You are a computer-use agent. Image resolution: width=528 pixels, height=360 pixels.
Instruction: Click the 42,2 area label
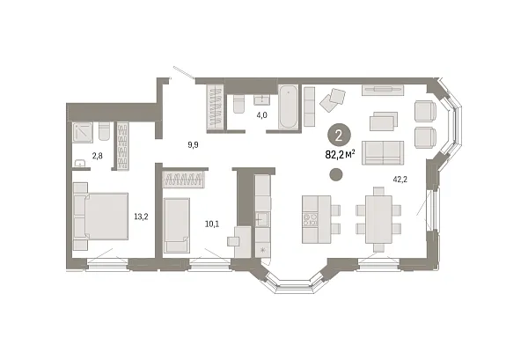click(400, 180)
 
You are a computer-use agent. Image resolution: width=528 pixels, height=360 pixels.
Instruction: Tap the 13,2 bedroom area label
click(141, 217)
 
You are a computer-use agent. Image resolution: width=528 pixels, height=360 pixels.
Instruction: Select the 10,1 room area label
click(212, 224)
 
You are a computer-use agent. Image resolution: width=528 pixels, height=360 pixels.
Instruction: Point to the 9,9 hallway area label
click(193, 145)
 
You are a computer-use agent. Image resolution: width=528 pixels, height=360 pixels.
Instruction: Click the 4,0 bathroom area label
click(261, 115)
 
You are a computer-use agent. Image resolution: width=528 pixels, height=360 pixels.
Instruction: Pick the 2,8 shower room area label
click(98, 156)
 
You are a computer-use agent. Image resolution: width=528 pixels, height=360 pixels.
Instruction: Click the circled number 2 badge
click(339, 136)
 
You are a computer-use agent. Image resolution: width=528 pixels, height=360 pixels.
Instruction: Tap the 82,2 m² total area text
click(340, 155)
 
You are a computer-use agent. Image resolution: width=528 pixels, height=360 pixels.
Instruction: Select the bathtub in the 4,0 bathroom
click(289, 107)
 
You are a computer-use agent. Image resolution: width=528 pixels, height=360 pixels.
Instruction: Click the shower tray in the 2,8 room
click(83, 133)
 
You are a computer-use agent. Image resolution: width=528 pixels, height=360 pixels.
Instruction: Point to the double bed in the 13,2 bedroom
click(100, 217)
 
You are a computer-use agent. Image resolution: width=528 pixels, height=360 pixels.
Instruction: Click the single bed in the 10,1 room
click(177, 225)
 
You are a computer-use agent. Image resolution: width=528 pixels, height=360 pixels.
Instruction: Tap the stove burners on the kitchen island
click(311, 219)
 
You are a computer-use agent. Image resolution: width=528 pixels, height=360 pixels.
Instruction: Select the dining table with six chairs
click(378, 219)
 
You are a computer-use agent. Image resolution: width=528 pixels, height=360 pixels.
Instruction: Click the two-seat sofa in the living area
click(383, 153)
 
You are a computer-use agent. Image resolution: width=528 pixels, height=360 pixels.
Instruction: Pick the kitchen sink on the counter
click(262, 219)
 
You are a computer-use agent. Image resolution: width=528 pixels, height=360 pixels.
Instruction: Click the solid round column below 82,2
click(336, 175)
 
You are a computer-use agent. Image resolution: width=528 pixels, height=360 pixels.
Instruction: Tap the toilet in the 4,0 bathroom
click(239, 104)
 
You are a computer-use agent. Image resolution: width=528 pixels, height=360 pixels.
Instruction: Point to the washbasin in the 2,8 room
click(80, 164)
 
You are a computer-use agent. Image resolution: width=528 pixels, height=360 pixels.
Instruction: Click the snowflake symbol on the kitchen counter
click(262, 250)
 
